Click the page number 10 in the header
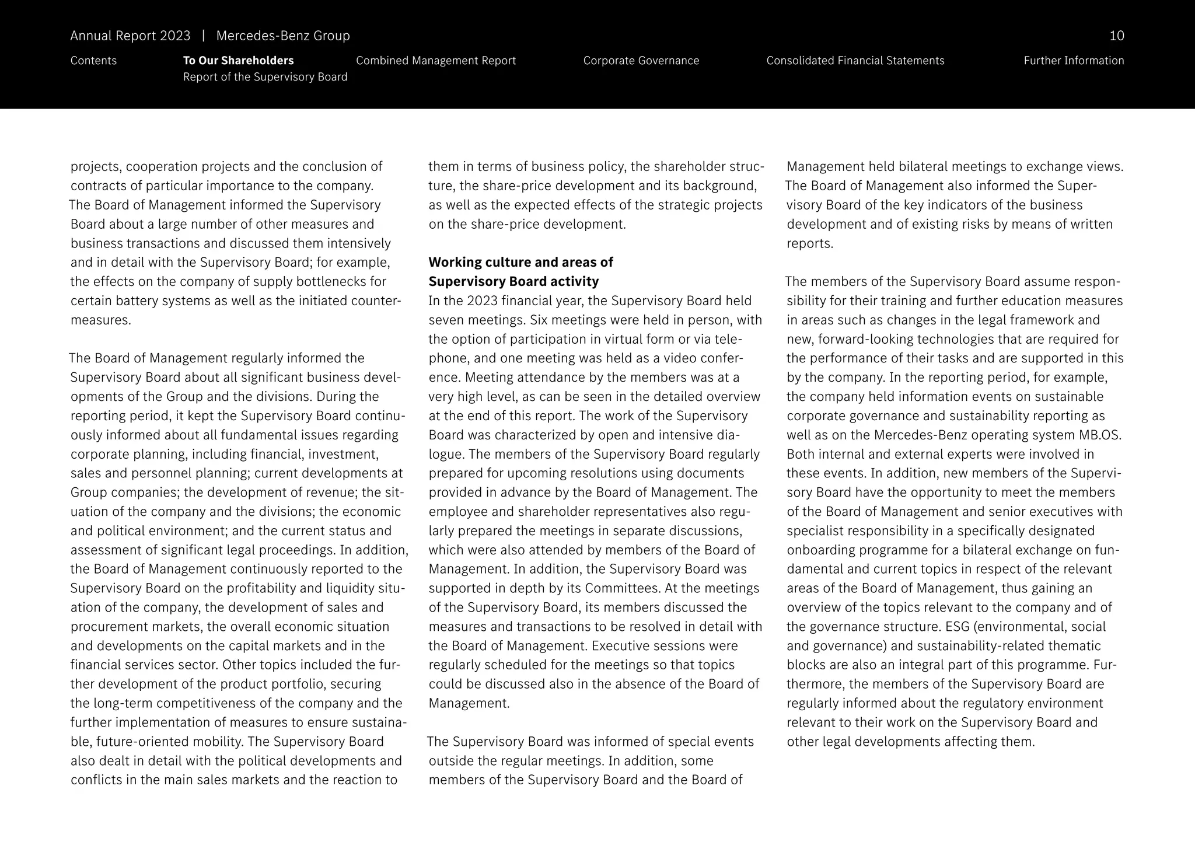coord(1116,36)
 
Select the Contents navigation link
coord(93,61)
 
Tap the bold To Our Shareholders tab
coord(238,61)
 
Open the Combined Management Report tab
coord(435,61)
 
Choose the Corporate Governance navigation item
coord(641,61)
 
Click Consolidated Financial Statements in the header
coord(855,61)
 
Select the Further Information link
coord(1073,61)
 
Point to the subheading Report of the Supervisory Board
coord(265,77)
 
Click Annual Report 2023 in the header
coord(130,36)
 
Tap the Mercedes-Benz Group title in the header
coord(283,36)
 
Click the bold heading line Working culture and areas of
coord(520,262)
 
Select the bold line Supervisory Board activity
coord(513,281)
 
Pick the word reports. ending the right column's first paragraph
coord(809,243)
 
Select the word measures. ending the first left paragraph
coord(100,320)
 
